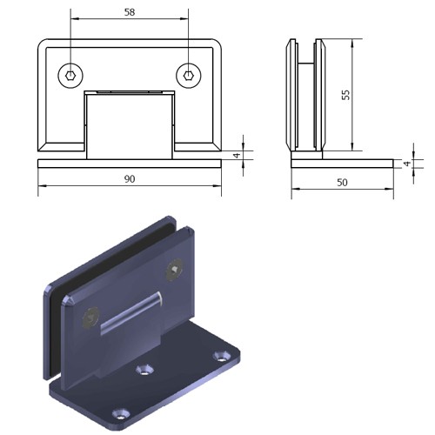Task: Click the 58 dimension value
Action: (130, 12)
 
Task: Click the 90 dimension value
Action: (130, 179)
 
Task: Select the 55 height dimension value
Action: (345, 95)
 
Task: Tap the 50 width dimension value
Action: (342, 183)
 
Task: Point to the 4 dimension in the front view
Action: (238, 155)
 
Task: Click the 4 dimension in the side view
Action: (407, 164)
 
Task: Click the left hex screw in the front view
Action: (70, 76)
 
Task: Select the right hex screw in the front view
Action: (189, 76)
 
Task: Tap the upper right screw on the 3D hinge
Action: (175, 270)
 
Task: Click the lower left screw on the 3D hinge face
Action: (90, 318)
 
